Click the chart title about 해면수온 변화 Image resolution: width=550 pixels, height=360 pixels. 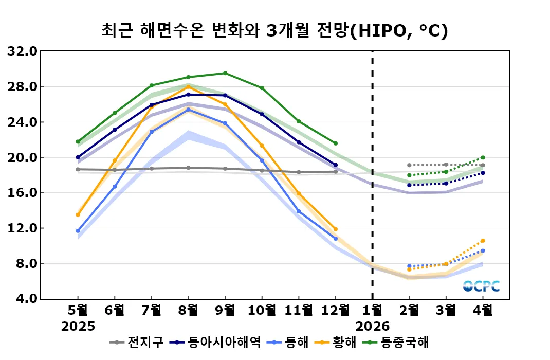pyautogui.click(x=275, y=31)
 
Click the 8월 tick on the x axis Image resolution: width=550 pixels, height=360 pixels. pyautogui.click(x=188, y=310)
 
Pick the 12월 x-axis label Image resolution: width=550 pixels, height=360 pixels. pyautogui.click(x=335, y=310)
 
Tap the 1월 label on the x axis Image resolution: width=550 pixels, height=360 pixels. pyautogui.click(x=372, y=310)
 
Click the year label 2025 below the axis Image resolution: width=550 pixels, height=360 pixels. pyautogui.click(x=78, y=327)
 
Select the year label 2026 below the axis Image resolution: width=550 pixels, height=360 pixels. pyautogui.click(x=372, y=327)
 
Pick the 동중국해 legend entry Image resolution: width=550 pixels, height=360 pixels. pyautogui.click(x=398, y=342)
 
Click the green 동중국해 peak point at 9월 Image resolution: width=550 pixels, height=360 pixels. pyautogui.click(x=225, y=73)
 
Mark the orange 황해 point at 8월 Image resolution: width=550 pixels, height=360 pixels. pyautogui.click(x=188, y=87)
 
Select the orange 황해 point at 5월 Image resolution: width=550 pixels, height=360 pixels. pyautogui.click(x=78, y=214)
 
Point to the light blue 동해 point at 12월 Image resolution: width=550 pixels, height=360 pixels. pyautogui.click(x=336, y=239)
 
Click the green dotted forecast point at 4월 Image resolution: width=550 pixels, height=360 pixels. pyautogui.click(x=483, y=157)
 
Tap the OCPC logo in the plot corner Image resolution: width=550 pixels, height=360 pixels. pyautogui.click(x=481, y=286)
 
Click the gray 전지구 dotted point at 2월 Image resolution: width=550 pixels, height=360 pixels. pyautogui.click(x=409, y=165)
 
